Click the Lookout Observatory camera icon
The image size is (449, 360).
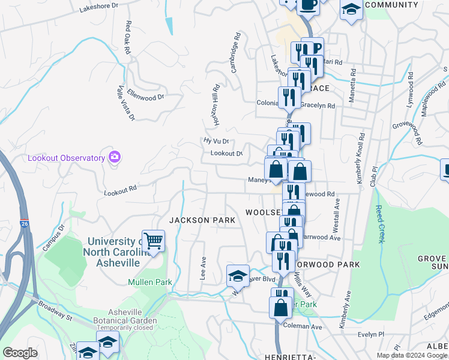pos(114,157)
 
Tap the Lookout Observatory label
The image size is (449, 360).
pos(67,158)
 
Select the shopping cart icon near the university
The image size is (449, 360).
pos(153,241)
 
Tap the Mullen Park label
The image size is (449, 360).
pos(149,282)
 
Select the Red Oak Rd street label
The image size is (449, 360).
pos(128,38)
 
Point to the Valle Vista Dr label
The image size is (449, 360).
pos(125,103)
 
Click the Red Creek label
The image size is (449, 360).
pos(379,224)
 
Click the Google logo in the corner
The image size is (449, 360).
pos(20,353)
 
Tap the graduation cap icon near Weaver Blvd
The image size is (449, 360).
pos(238,275)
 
